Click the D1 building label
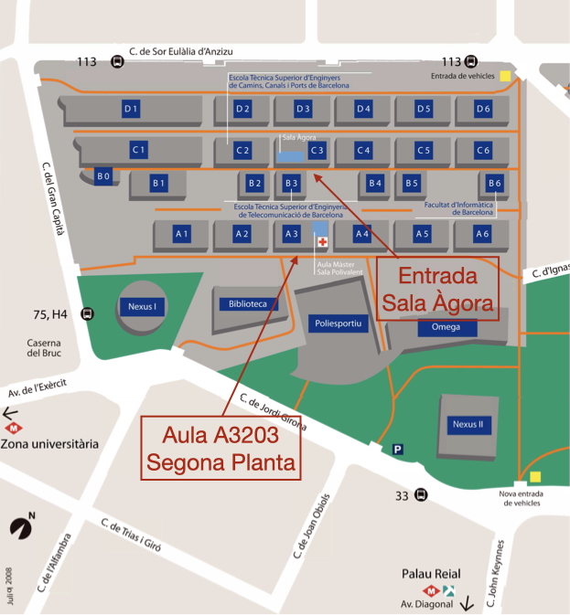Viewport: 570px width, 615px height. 131,110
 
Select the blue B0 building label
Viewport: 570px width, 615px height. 103,175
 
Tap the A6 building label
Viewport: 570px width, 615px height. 481,234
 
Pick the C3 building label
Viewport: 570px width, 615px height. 317,150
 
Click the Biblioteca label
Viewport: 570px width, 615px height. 248,303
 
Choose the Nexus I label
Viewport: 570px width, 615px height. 142,307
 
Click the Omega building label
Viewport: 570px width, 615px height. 447,327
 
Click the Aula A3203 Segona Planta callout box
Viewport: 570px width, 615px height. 222,448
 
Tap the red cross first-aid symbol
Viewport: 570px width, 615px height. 322,242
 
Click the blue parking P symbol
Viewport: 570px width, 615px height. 397,449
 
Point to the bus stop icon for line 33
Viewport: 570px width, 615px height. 420,495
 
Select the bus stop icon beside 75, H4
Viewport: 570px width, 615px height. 88,314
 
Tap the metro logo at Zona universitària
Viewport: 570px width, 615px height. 13,427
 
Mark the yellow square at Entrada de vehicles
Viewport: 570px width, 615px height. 505,76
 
